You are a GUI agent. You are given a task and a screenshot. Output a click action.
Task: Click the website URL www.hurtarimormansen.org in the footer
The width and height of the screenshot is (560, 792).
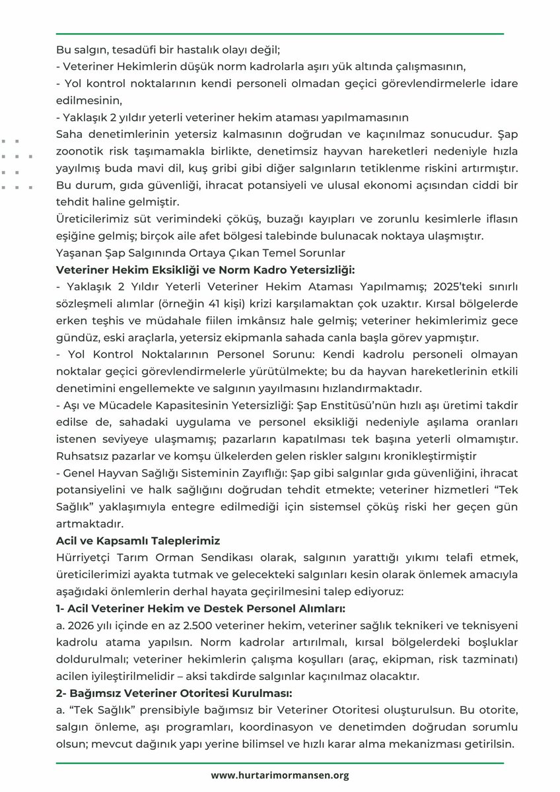click(x=280, y=775)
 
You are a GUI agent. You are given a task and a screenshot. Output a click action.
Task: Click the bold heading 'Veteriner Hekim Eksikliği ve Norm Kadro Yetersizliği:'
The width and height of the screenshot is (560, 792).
click(x=205, y=269)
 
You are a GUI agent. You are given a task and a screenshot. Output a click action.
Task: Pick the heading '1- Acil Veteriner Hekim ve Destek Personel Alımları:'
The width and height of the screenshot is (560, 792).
click(x=200, y=608)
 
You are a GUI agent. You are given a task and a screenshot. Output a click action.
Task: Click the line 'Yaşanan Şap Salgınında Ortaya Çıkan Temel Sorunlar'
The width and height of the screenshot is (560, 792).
click(x=200, y=252)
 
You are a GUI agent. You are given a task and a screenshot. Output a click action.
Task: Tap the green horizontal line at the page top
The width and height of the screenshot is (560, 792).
click(x=280, y=33)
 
